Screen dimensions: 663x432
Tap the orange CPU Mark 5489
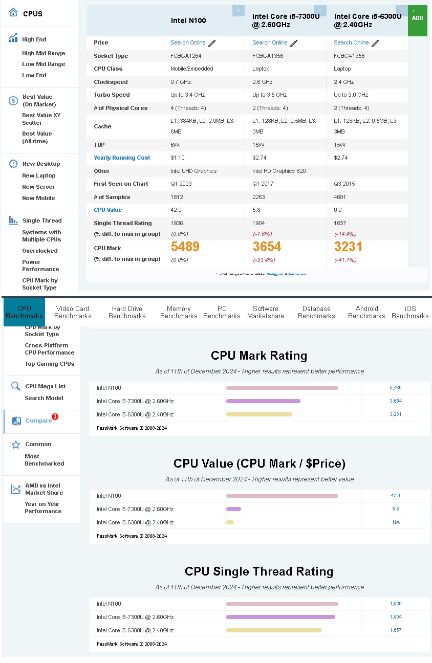pos(185,247)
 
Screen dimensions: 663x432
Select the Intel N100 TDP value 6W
pos(175,145)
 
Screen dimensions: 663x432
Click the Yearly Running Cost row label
pos(122,158)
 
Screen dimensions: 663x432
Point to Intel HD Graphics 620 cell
pos(279,171)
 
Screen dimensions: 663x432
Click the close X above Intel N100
pos(239,11)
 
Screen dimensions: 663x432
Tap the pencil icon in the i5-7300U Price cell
pos(294,43)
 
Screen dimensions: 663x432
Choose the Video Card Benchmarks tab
pos(73,312)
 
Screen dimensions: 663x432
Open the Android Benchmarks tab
pos(366,312)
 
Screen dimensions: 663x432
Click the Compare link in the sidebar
pos(38,421)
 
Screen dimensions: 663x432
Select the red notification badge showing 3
pos(55,416)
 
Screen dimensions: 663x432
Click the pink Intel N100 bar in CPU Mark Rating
pos(282,388)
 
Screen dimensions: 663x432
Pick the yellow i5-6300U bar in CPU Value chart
pos(230,522)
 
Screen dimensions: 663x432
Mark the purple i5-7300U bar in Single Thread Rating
pos(280,617)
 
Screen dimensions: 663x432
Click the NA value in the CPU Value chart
pos(396,522)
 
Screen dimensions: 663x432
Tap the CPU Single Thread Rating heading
pos(259,571)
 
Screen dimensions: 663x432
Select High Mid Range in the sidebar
pos(44,53)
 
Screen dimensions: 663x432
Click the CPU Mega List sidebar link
pos(46,386)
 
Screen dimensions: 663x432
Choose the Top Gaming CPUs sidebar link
pos(50,364)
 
